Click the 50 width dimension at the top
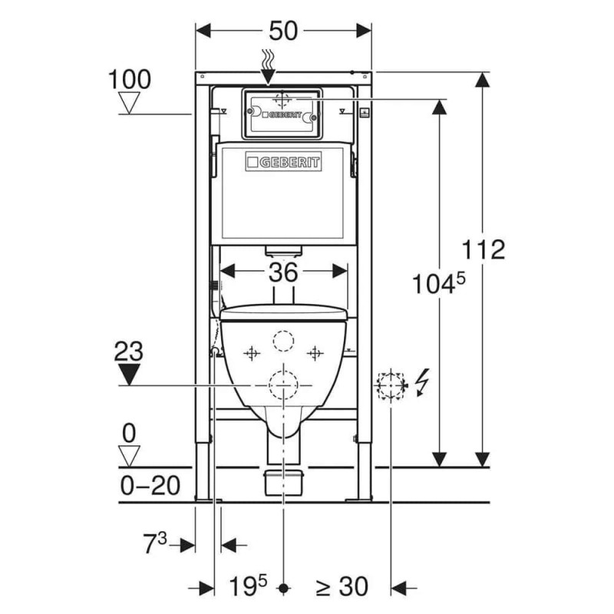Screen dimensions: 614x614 (283, 31)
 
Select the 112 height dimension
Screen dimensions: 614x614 (484, 249)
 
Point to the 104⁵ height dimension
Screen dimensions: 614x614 (439, 283)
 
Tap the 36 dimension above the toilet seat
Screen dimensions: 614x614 (283, 272)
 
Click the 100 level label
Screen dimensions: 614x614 (129, 80)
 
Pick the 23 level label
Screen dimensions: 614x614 (128, 352)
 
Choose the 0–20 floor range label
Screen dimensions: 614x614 (150, 486)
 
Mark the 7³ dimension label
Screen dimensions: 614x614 (155, 543)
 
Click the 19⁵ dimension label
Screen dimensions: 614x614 (247, 586)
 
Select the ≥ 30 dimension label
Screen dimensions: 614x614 (342, 586)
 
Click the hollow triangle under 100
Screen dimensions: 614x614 (129, 103)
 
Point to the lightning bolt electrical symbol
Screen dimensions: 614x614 (423, 382)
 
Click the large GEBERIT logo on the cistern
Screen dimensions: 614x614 (283, 162)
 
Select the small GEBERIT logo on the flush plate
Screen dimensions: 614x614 (282, 115)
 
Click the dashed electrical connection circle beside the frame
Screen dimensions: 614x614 (391, 386)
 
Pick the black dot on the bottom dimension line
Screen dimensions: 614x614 (283, 588)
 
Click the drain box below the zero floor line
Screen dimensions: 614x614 (283, 483)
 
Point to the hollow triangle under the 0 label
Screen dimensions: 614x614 (129, 456)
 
